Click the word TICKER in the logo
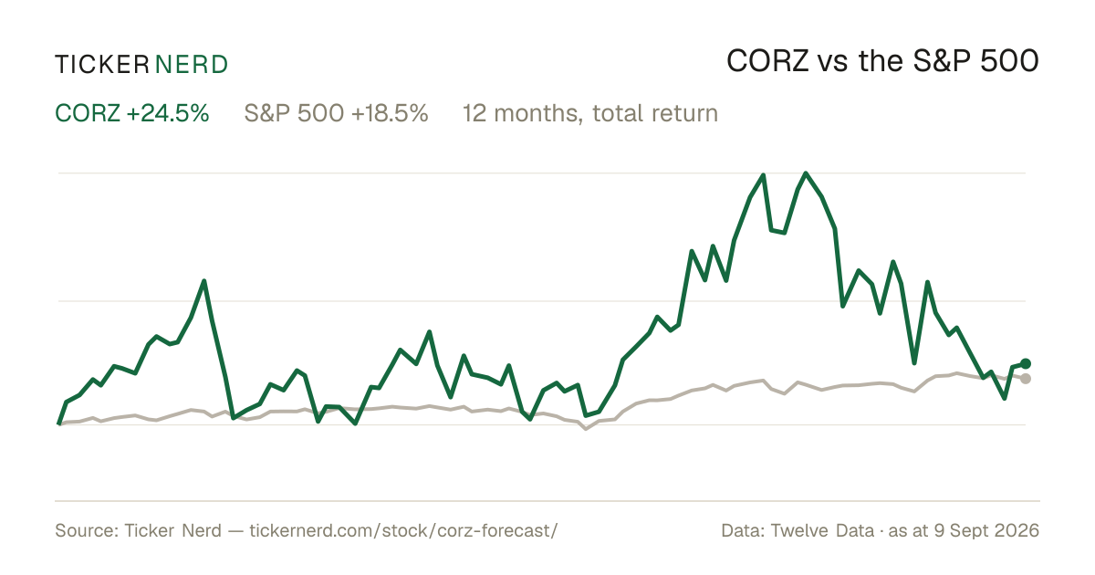(102, 65)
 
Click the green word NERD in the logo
(192, 65)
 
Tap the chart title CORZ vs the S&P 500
(883, 61)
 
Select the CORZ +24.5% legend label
(132, 113)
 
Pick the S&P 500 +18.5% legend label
(337, 113)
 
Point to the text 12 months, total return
(590, 114)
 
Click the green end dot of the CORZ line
(1026, 363)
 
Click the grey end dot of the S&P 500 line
(1026, 379)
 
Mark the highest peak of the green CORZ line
(806, 173)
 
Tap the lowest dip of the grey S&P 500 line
(586, 429)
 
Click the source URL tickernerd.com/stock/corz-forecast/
(403, 530)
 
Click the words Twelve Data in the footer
(822, 530)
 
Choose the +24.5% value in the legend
(168, 113)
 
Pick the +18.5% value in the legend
(390, 113)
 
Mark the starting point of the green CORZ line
(58, 423)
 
